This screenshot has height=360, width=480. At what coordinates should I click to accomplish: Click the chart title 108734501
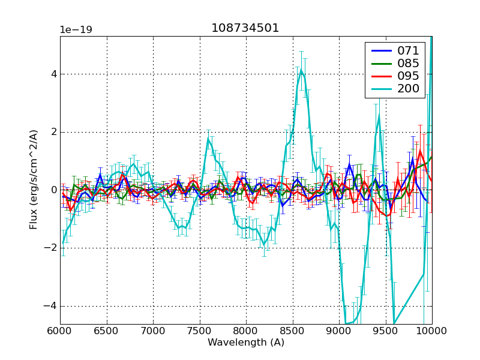(x=245, y=28)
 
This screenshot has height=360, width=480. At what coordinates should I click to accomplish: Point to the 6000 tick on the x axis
(x=60, y=331)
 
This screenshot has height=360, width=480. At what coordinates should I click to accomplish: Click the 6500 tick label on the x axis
(x=107, y=331)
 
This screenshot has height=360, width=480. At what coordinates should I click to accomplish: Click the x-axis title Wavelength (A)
(x=246, y=343)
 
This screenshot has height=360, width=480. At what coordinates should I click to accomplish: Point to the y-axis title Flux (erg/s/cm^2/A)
(x=34, y=180)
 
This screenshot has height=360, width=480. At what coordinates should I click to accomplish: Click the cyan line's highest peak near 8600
(x=301, y=70)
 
